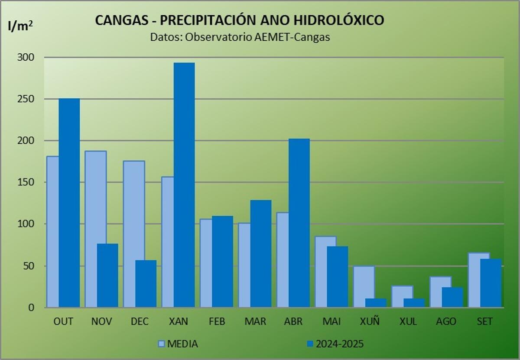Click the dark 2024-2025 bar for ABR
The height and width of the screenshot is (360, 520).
click(299, 223)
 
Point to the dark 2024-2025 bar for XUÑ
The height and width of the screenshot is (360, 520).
click(376, 303)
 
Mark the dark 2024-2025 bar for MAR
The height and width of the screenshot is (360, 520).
click(261, 253)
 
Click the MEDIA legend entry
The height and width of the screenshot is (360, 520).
click(178, 344)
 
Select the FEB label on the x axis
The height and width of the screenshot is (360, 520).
click(216, 321)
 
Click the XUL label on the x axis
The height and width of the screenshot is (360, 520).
click(408, 321)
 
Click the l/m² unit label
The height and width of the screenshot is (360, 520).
click(20, 26)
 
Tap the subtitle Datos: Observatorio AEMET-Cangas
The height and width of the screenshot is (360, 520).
click(240, 37)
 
